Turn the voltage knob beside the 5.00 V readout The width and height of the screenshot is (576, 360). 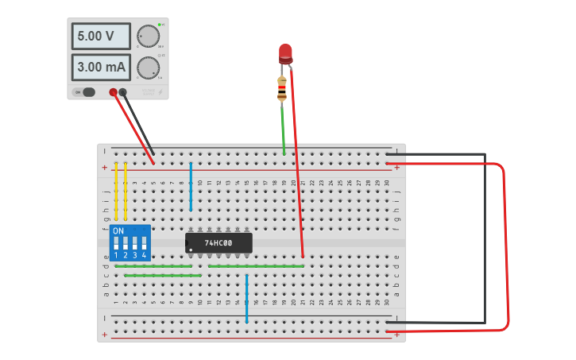point(148,37)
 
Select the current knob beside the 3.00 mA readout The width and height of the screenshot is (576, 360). point(148,68)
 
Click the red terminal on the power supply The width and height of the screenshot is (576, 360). point(114,92)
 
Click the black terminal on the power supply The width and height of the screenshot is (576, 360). point(122,92)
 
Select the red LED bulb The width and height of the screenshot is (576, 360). point(285,53)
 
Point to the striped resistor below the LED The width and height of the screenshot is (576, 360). point(282,88)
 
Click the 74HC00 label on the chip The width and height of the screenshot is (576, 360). point(218,242)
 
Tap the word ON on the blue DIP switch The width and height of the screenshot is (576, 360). point(118,231)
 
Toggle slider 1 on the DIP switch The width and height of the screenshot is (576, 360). point(117,243)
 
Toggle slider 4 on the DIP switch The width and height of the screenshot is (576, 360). point(144,243)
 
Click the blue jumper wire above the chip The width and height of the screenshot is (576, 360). point(191,187)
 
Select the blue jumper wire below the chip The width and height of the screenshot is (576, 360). point(247,299)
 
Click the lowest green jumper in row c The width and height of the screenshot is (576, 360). point(163,275)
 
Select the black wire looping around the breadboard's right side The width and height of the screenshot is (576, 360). point(485,238)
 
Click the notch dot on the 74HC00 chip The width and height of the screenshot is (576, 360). point(191,250)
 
